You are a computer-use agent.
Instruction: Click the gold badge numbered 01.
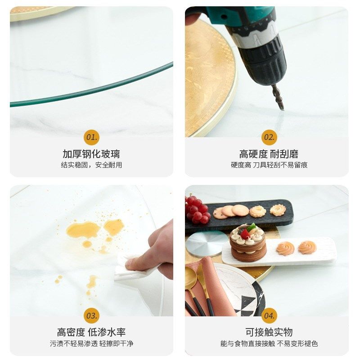point(91,137)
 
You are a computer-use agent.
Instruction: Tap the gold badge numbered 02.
point(269,137)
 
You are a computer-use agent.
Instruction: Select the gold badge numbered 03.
point(91,315)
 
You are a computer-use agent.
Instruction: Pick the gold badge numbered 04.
point(269,315)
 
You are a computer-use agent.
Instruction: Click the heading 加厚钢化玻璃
point(91,154)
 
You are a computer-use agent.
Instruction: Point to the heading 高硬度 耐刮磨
point(269,154)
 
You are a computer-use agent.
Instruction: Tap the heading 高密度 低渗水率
point(91,332)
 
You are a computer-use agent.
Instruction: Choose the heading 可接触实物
point(269,332)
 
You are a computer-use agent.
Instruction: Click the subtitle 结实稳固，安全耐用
point(91,165)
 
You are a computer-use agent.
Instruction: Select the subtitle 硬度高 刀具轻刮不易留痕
point(269,165)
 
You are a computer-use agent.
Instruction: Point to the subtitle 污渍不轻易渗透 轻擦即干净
point(91,343)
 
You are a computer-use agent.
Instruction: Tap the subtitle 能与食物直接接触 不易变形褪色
point(269,343)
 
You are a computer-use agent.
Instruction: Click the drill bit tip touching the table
point(281,107)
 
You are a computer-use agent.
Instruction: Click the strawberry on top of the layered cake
point(246,234)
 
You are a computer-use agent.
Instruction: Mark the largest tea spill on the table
point(83,229)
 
